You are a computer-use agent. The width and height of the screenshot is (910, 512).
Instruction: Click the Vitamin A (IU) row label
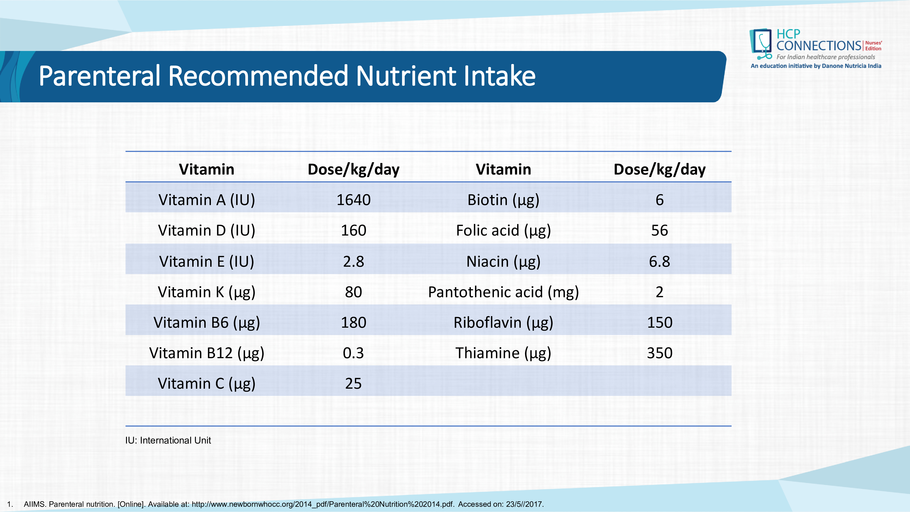coord(207,200)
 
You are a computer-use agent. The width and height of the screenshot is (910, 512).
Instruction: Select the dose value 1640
coord(353,200)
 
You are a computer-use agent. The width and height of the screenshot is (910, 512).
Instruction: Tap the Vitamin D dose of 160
coord(353,230)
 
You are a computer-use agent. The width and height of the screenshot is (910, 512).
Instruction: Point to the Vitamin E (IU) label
coord(207,261)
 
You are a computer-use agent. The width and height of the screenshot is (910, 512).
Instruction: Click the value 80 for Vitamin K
coord(353,292)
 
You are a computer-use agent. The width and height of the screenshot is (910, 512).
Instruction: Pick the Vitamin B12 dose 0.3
coord(353,353)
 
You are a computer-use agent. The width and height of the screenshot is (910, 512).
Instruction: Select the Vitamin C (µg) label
coord(207,384)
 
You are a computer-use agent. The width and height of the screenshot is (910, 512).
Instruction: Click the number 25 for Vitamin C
coord(353,384)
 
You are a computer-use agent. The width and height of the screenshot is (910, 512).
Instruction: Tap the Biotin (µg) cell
coord(503,200)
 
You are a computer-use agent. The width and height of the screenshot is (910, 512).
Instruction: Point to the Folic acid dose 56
coord(660,230)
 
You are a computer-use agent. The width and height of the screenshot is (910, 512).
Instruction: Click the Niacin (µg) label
coord(503,261)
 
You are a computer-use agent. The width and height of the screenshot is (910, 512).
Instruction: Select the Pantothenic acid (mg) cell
coord(503,292)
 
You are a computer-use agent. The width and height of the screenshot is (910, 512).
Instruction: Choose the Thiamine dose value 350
coord(660,353)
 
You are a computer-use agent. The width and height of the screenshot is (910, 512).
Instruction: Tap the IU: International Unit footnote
coord(168,440)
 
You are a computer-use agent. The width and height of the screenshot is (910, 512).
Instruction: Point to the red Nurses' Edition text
coord(873,46)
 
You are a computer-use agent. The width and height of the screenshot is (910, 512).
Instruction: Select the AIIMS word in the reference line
coord(35,504)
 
